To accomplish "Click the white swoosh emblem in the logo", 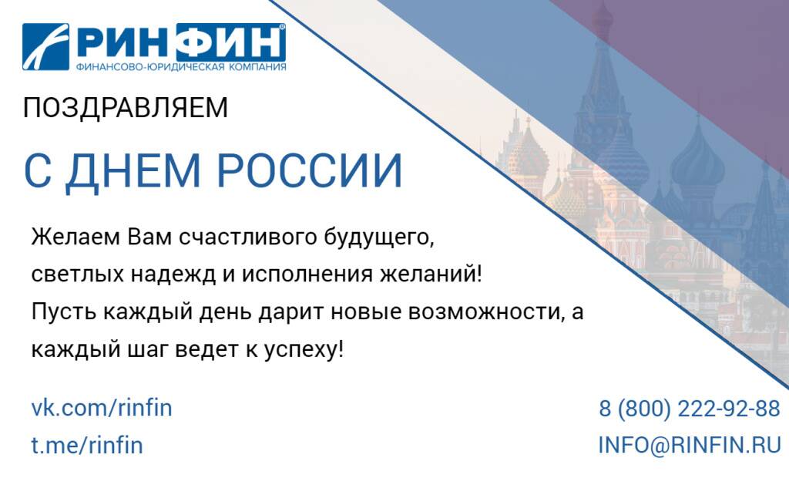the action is (45, 46).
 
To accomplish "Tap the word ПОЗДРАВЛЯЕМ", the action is (126, 108).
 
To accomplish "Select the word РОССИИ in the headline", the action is (310, 170).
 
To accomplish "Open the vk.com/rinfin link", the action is (102, 407).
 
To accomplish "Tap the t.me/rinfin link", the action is (87, 445).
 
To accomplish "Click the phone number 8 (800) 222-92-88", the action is (690, 408).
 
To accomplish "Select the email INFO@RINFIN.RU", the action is (690, 445).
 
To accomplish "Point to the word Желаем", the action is (76, 237).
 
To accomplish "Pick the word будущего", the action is (378, 237).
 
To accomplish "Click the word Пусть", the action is (63, 312).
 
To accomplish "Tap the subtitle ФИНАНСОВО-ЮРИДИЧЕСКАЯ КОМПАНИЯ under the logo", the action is (181, 67).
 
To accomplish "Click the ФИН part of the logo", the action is (231, 42).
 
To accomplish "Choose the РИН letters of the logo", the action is (123, 42).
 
